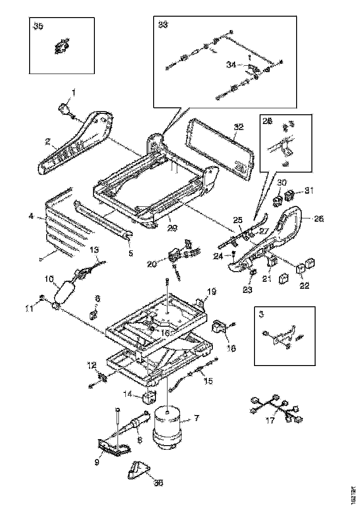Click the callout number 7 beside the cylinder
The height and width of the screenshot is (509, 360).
(196, 418)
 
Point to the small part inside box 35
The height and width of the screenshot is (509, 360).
(60, 47)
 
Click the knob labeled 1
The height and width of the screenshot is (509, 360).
(64, 109)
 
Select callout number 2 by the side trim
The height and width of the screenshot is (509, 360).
(47, 143)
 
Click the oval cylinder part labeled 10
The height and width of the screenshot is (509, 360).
(65, 291)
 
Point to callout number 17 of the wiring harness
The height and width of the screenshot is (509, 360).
(269, 421)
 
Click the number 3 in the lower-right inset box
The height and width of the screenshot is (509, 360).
(261, 314)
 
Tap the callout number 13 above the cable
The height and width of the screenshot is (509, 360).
(94, 250)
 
